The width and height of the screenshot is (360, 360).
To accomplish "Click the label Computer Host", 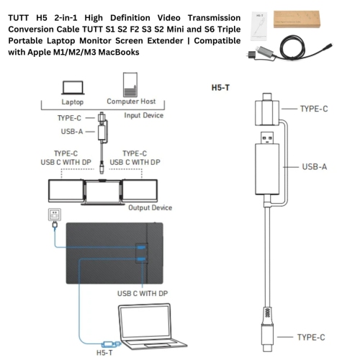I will click(x=130, y=102).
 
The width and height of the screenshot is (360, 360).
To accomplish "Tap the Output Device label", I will click(x=150, y=207).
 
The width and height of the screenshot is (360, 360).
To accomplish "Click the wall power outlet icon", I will click(x=53, y=214).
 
